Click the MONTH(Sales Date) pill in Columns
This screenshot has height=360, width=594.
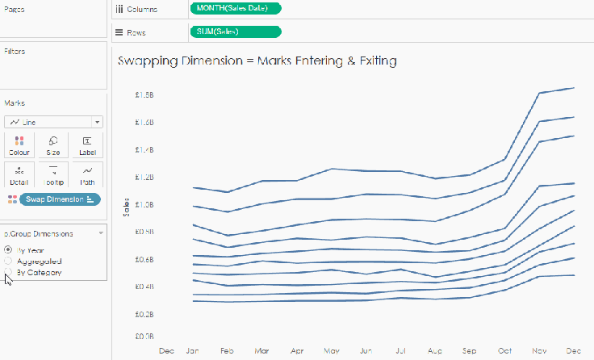pyautogui.click(x=236, y=9)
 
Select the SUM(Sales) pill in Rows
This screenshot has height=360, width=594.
pyautogui.click(x=236, y=32)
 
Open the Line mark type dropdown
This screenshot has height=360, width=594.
pyautogui.click(x=53, y=122)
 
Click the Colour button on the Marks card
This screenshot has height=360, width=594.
pyautogui.click(x=19, y=145)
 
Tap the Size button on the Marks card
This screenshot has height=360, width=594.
pyautogui.click(x=53, y=145)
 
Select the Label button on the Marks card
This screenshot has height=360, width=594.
pyautogui.click(x=87, y=145)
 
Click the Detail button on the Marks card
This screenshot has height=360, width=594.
pyautogui.click(x=19, y=174)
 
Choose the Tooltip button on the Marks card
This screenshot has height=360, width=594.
pyautogui.click(x=53, y=174)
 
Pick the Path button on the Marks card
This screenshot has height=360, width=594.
pyautogui.click(x=87, y=174)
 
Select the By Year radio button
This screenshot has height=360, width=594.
pyautogui.click(x=9, y=249)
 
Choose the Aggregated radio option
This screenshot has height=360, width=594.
pyautogui.click(x=9, y=261)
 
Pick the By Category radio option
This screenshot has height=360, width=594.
pyautogui.click(x=9, y=273)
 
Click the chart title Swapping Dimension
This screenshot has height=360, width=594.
pyautogui.click(x=257, y=61)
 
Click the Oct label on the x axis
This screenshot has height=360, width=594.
pyautogui.click(x=504, y=352)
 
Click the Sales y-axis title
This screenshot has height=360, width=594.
pyautogui.click(x=125, y=208)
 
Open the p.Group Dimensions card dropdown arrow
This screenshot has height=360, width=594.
pyautogui.click(x=101, y=233)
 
